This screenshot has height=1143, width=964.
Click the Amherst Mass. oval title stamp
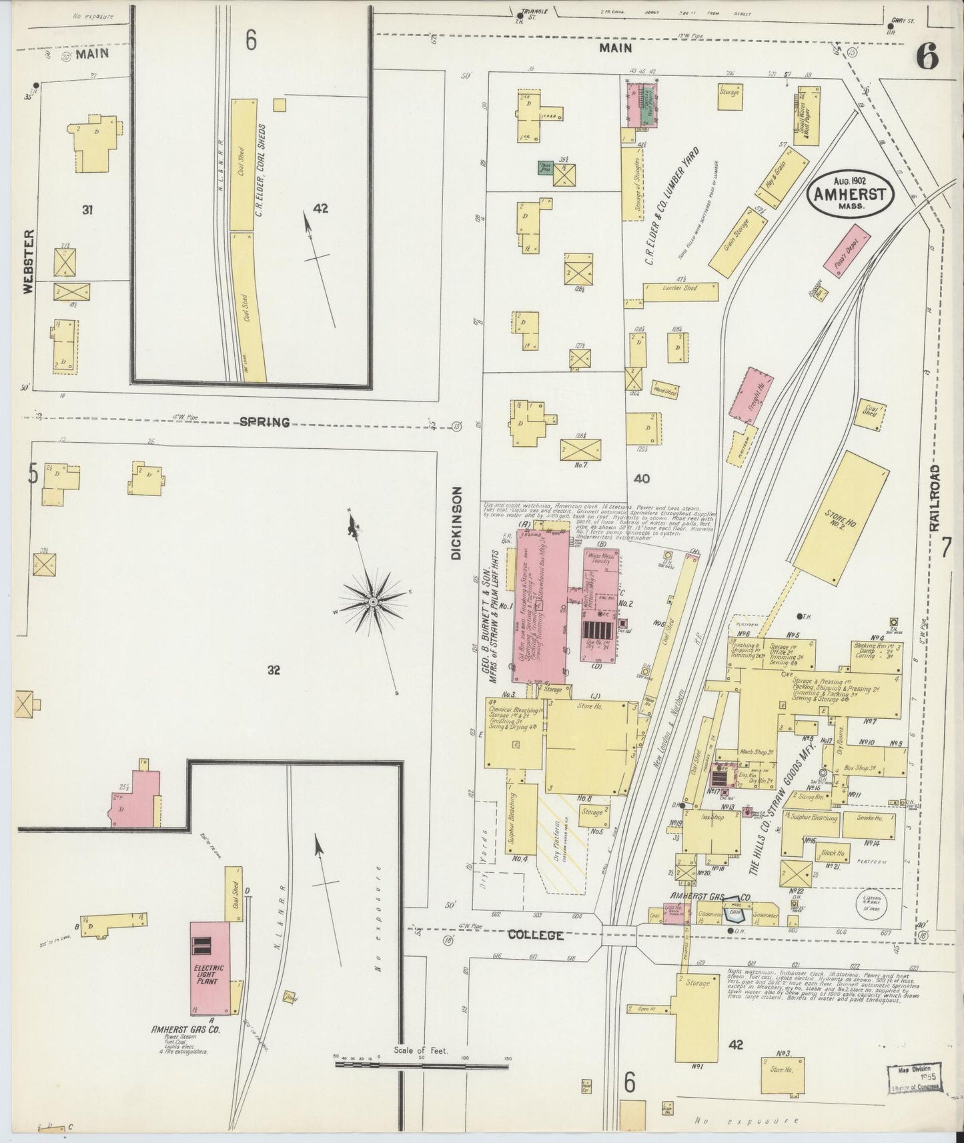(x=849, y=197)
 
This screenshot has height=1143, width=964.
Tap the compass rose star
(x=372, y=602)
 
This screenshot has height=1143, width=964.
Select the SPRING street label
(x=265, y=422)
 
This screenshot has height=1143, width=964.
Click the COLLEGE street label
(x=536, y=936)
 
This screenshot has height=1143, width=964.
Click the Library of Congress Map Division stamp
(x=914, y=1077)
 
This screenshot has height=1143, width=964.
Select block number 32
(x=273, y=670)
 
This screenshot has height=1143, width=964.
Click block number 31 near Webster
(x=87, y=210)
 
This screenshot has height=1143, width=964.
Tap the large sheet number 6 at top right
(x=927, y=59)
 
